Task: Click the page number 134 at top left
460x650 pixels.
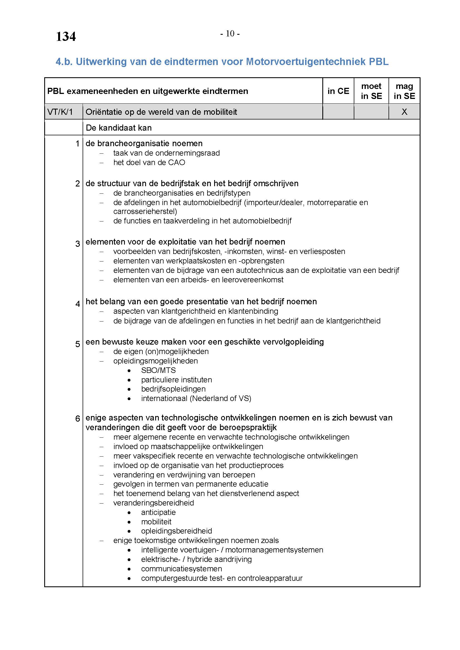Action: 66,36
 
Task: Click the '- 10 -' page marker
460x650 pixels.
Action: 230,34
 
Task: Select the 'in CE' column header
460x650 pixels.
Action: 338,91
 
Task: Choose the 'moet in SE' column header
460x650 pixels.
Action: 371,91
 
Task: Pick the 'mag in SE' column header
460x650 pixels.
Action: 404,91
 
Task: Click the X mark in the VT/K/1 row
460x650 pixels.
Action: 404,112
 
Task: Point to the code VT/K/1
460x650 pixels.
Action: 60,112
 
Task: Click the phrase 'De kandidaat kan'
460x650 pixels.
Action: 119,128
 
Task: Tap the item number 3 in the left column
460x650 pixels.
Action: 78,243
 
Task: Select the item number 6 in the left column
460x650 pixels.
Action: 78,419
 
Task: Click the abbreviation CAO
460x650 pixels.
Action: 177,163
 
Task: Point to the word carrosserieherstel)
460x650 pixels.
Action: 145,211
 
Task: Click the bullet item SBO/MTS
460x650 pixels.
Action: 158,370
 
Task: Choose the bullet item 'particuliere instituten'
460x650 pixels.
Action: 177,380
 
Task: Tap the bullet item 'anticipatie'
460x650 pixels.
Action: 158,512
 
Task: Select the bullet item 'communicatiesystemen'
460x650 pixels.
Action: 182,569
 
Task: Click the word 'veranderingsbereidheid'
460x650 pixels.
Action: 154,503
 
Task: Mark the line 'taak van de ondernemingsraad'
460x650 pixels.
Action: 167,153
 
